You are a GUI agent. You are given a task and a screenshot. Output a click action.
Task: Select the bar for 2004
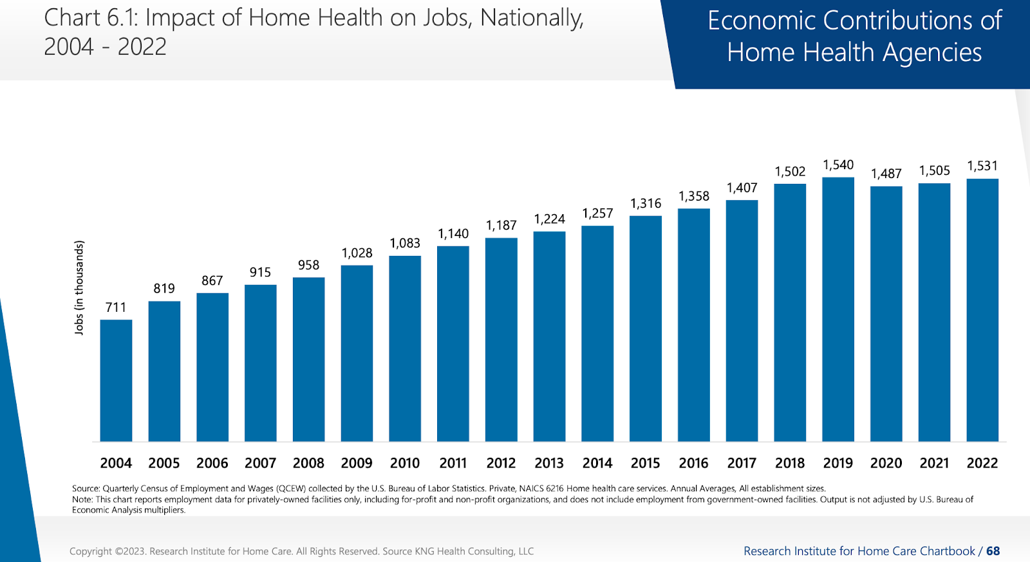tap(116, 381)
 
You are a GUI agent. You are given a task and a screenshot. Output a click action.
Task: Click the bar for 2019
tap(838, 309)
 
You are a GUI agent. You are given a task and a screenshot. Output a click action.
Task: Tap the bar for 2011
tap(453, 343)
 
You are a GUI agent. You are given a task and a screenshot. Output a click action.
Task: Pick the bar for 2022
tap(982, 310)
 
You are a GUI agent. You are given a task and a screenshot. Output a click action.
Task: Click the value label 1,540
tap(838, 165)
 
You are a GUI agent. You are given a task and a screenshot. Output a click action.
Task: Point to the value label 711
tap(116, 307)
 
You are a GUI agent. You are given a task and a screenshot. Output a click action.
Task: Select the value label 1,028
tap(357, 253)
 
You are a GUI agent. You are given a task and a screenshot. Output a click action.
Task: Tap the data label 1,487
tap(886, 174)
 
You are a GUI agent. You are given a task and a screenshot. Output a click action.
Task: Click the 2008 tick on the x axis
tap(308, 463)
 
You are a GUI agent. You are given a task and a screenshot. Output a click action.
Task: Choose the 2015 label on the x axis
tap(645, 463)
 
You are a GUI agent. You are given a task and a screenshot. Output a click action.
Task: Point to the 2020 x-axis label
tap(886, 463)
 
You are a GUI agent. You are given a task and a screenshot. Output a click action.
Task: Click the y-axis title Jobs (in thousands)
tap(79, 287)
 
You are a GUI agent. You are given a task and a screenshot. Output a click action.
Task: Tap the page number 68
tap(993, 551)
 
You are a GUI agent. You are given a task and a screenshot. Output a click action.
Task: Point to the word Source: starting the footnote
tap(86, 489)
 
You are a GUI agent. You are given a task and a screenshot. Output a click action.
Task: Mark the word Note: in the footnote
tap(82, 500)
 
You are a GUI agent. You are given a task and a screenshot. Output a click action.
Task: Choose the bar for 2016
tap(693, 325)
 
